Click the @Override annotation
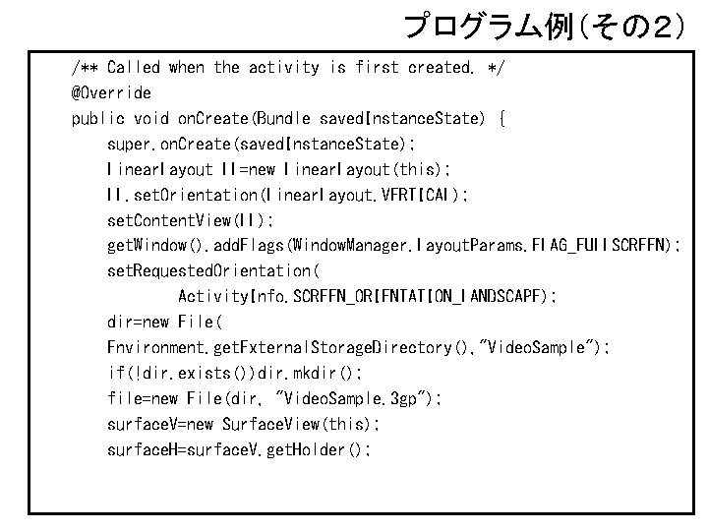111,93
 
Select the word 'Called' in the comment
134,68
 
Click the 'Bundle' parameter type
282,119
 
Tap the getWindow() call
149,246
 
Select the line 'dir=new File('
165,323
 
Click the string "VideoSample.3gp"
355,398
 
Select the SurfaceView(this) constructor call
301,424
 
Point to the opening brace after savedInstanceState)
501,119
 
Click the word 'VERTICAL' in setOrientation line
407,195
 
